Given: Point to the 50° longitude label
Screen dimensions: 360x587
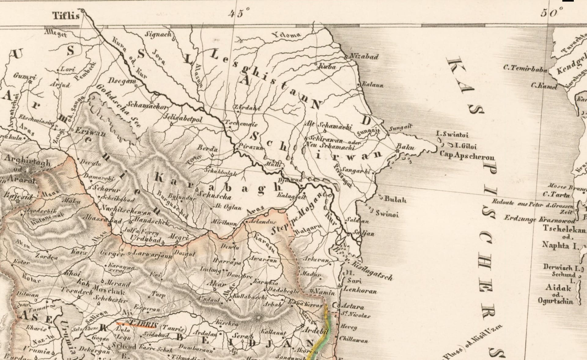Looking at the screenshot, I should click(551, 13).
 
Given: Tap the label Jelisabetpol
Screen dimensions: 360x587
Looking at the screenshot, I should click(184, 117).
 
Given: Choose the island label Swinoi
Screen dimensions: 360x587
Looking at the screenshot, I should click(387, 213).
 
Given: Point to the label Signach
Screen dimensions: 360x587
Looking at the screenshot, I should click(158, 35).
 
